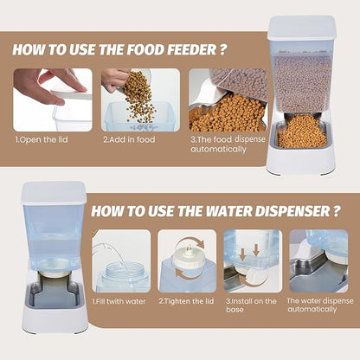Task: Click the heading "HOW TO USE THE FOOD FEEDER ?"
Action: tap(119, 49)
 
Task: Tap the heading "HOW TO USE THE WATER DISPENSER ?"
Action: tap(215, 211)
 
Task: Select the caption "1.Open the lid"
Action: tap(42, 140)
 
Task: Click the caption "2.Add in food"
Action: tap(129, 140)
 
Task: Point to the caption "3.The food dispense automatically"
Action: tap(228, 145)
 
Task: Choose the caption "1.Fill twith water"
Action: tap(119, 302)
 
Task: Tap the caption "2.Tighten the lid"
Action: tap(186, 301)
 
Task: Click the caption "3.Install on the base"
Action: tap(251, 305)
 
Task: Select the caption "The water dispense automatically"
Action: tap(320, 305)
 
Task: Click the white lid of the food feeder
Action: tap(302, 28)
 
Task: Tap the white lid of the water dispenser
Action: tap(54, 193)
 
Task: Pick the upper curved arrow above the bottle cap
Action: tap(191, 241)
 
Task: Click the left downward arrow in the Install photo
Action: tap(243, 254)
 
